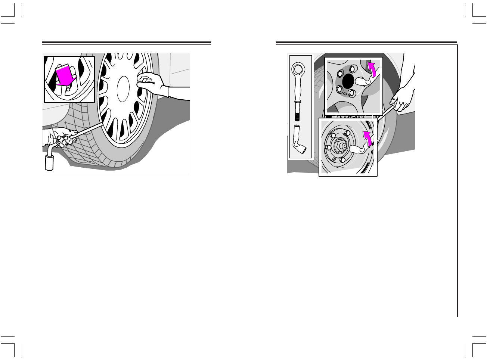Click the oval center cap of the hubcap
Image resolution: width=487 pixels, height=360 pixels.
click(x=123, y=89)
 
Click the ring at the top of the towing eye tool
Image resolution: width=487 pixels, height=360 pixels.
click(x=298, y=69)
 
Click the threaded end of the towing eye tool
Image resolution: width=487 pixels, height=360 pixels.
click(x=298, y=114)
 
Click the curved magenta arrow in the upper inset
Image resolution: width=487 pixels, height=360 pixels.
click(x=372, y=69)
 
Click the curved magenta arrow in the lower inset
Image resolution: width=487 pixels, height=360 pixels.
click(x=367, y=139)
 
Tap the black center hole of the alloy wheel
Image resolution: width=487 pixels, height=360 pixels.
click(x=348, y=81)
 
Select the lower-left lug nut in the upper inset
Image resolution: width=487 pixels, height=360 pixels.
click(x=339, y=89)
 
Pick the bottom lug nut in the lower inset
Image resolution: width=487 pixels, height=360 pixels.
click(x=342, y=159)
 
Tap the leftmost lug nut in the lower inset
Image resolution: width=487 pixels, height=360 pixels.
click(x=328, y=148)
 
